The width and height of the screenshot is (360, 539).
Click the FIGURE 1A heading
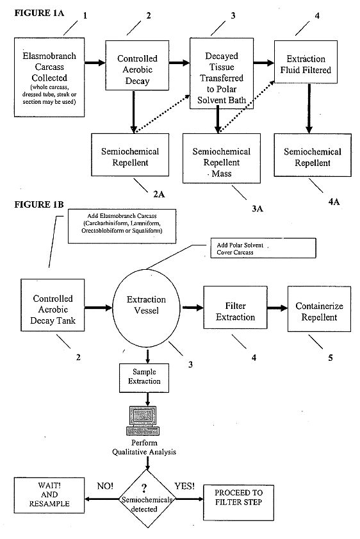click(39, 13)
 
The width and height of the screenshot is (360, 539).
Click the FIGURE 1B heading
click(39, 204)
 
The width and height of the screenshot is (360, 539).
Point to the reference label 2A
click(159, 194)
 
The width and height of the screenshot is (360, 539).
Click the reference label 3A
click(258, 208)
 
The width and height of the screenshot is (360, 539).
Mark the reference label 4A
click(334, 201)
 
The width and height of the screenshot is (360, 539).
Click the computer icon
click(143, 420)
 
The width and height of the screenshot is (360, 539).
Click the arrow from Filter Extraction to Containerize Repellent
click(277, 308)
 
